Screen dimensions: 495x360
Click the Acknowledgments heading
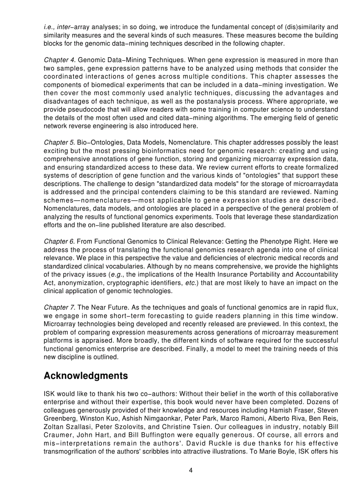[86, 376]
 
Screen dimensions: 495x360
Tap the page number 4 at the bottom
[191, 470]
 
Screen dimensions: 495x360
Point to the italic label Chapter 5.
[60, 142]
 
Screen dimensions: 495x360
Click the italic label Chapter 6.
[60, 242]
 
